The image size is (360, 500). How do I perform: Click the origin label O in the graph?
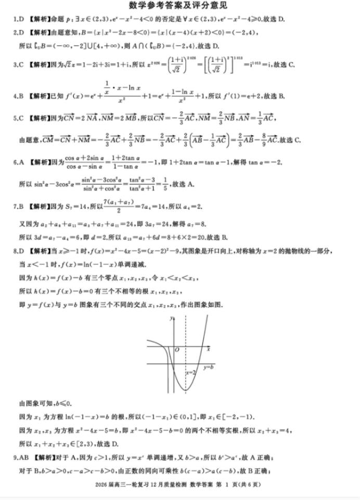177,350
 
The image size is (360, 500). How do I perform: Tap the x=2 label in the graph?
191,372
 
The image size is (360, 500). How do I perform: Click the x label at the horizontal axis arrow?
208,350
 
